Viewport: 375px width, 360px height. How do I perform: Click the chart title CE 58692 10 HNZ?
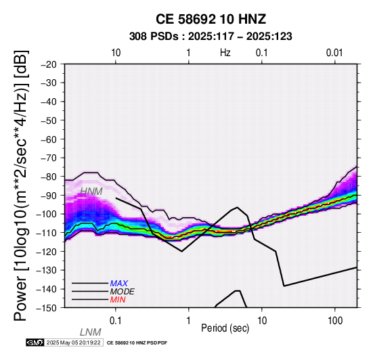211,19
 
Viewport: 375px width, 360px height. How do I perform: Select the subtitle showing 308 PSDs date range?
211,37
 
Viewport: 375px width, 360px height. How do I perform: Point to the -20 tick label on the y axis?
49,64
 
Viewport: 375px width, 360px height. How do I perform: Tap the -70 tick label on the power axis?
49,158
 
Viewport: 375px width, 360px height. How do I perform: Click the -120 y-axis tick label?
47,252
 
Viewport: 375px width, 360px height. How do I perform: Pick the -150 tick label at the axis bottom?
47,308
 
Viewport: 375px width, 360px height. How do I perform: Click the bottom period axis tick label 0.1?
116,321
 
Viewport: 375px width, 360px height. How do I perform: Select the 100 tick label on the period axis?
335,321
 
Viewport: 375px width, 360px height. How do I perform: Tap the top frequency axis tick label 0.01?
334,53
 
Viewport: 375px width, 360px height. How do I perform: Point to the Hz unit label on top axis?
225,53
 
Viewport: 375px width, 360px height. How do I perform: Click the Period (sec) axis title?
225,328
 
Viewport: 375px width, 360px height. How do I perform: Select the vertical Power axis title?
21,185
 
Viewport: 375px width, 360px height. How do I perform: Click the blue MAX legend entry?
119,284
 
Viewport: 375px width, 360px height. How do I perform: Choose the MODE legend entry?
123,292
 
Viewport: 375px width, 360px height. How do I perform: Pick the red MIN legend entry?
118,300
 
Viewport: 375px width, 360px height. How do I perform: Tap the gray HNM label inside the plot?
91,192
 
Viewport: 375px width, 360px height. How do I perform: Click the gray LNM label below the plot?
91,332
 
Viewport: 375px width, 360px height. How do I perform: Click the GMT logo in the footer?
35,342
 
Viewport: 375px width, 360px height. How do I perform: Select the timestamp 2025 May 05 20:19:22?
73,342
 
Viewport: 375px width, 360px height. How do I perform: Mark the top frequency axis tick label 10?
116,53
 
